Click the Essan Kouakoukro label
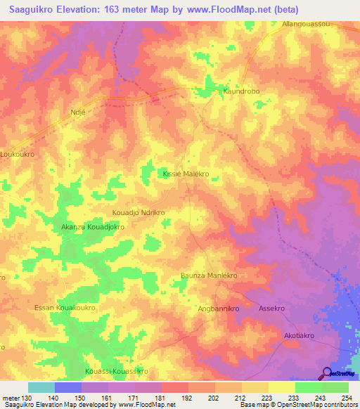[65, 308]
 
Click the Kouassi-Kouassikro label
[116, 370]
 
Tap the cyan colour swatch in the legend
[41, 387]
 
